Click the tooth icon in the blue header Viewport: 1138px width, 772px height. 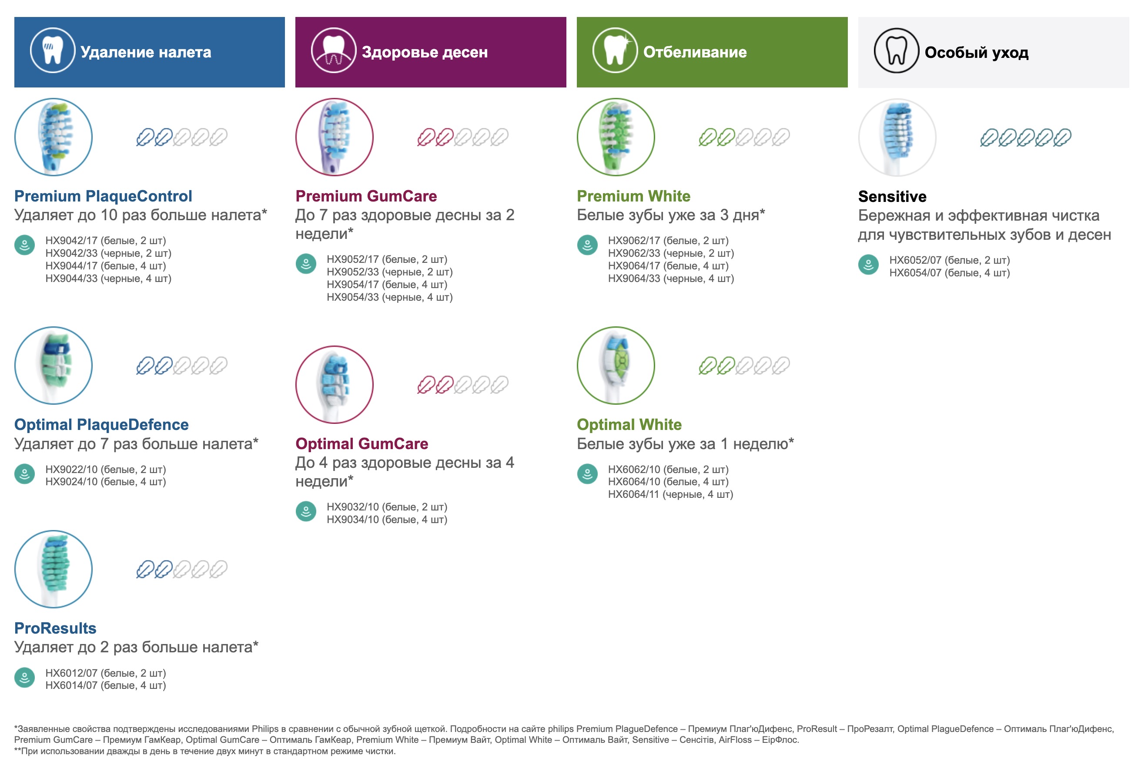pyautogui.click(x=52, y=51)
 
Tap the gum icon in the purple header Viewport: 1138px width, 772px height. pyautogui.click(x=334, y=51)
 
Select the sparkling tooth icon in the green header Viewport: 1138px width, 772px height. pyautogui.click(x=615, y=51)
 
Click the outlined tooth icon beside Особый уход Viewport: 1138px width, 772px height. pyautogui.click(x=896, y=51)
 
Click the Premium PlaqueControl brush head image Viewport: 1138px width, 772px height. pyautogui.click(x=54, y=137)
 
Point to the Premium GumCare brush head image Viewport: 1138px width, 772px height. pyautogui.click(x=335, y=137)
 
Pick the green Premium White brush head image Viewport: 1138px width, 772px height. pyautogui.click(x=616, y=137)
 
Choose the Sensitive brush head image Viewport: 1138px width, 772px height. pyautogui.click(x=897, y=138)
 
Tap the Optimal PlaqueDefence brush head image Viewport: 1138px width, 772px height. pyautogui.click(x=54, y=366)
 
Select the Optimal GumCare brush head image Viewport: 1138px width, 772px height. pyautogui.click(x=335, y=385)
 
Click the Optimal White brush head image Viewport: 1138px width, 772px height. pyautogui.click(x=616, y=366)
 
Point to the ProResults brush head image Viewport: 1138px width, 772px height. pyautogui.click(x=54, y=569)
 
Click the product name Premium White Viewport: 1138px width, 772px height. pyautogui.click(x=634, y=196)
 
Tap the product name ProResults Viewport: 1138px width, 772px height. pyautogui.click(x=55, y=628)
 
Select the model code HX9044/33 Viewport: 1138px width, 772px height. pyautogui.click(x=71, y=279)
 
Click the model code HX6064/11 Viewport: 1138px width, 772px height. pyautogui.click(x=634, y=495)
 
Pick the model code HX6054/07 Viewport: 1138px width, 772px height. pyautogui.click(x=916, y=273)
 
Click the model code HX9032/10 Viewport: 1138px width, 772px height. pyautogui.click(x=353, y=507)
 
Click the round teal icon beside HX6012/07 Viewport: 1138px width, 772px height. pyautogui.click(x=24, y=678)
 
